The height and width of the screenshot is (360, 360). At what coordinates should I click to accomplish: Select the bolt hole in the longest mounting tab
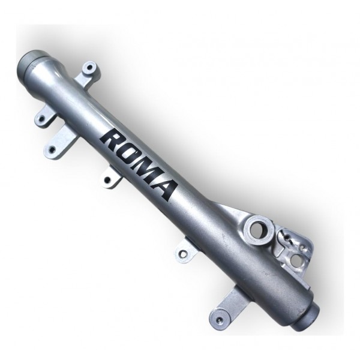[x=53, y=149]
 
